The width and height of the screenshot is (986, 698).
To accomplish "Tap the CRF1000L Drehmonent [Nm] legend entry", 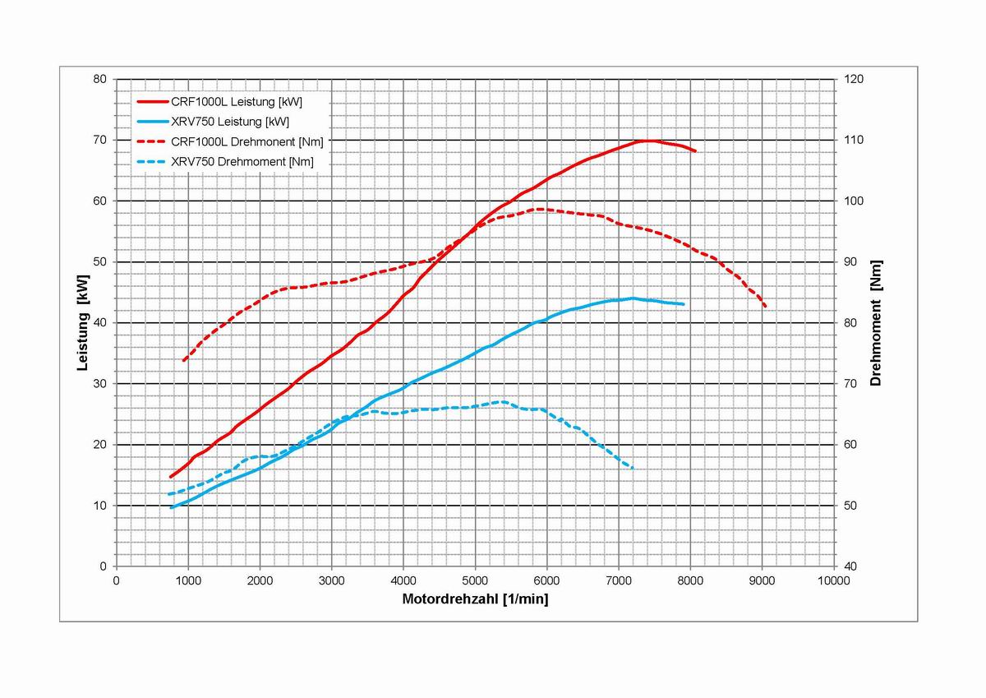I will tap(246, 141).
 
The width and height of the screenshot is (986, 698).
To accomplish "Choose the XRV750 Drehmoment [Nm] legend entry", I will tap(242, 162).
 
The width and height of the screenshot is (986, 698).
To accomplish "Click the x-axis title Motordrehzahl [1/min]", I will tap(475, 599).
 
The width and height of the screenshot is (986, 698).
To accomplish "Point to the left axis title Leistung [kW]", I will tap(83, 322).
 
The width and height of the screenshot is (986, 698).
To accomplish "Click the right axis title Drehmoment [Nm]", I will tap(876, 322).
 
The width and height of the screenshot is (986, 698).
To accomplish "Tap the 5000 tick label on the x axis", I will tap(475, 580).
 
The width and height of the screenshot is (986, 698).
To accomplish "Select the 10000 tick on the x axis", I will tap(834, 580).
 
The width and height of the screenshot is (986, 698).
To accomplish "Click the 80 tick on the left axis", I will tap(101, 80).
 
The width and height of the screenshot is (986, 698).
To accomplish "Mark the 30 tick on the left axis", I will tap(101, 384).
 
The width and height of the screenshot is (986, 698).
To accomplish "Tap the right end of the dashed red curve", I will tap(766, 307).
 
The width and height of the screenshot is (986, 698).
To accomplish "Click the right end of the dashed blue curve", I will tap(633, 469).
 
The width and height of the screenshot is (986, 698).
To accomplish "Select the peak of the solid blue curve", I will tap(633, 298).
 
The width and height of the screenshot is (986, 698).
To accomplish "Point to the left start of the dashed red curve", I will tap(183, 361).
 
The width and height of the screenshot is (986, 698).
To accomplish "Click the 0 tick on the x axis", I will tap(117, 580).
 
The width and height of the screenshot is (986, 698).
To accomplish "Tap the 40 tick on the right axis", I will tap(850, 566).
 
